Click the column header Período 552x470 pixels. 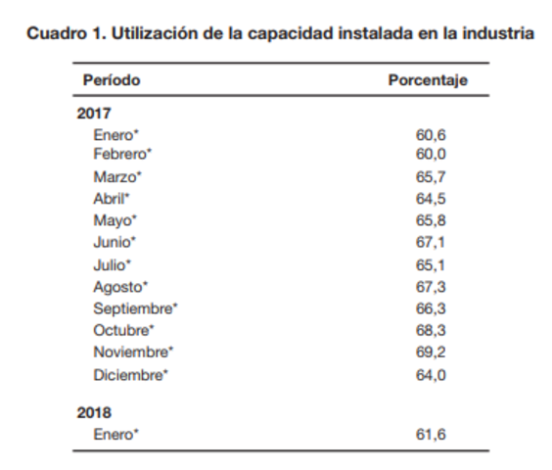coord(111,80)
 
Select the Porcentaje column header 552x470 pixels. coord(428,80)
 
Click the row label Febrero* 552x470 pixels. coord(123,155)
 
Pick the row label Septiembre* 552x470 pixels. coord(135,308)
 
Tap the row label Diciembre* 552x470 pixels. coord(130,374)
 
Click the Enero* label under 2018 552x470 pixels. coord(115,434)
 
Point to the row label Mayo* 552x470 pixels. coord(115,220)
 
